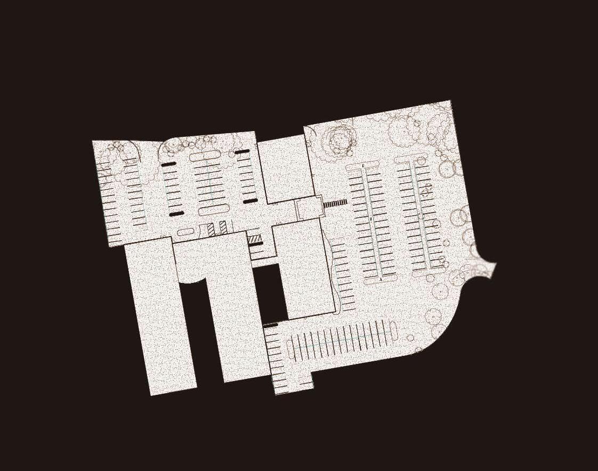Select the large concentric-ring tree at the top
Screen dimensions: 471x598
[339, 139]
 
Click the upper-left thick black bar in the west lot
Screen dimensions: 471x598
[168, 165]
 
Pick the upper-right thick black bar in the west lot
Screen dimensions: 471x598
[243, 152]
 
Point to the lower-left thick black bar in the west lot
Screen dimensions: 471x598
[176, 214]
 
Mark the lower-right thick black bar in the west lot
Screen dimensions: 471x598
[250, 201]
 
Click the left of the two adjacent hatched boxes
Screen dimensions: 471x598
[211, 229]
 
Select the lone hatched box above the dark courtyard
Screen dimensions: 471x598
[255, 239]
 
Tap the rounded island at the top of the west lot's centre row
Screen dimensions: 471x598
[204, 155]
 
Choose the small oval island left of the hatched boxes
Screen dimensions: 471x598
[185, 232]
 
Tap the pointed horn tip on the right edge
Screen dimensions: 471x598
[495, 264]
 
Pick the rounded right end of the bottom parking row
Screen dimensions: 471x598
[393, 330]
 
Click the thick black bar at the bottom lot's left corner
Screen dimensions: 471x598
[270, 325]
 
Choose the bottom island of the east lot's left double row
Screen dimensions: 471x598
[381, 277]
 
